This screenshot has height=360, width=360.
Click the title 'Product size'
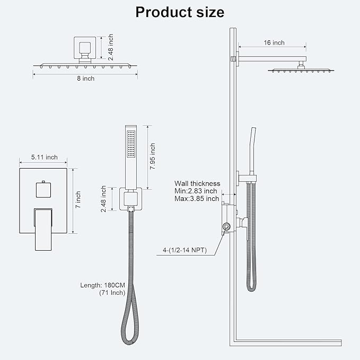tap(180, 12)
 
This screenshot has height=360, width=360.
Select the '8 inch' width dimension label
tap(85, 78)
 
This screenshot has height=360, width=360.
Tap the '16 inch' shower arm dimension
tap(274, 42)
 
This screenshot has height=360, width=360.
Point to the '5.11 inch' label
tap(45, 157)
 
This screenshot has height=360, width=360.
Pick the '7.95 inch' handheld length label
tap(152, 156)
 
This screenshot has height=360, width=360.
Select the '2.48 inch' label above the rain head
tap(111, 48)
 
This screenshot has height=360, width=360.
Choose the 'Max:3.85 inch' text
tap(197, 199)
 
